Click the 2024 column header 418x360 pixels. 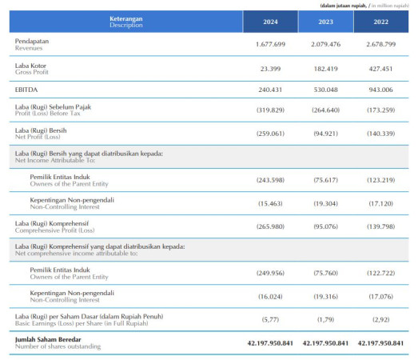tap(270, 22)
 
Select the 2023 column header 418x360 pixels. tap(326, 22)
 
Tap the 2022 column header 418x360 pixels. tap(381, 22)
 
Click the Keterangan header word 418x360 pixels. tap(126, 18)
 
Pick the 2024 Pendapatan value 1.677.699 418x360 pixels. tap(270, 44)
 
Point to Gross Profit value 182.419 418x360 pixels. tap(326, 69)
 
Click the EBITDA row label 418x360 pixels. tap(26, 90)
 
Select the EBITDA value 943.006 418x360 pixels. tap(381, 90)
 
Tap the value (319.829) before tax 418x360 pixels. tap(270, 110)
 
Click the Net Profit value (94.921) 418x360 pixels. tap(326, 134)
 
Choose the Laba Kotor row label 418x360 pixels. tap(30, 66)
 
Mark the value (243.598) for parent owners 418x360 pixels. tap(270, 180)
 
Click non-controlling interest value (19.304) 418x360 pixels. tap(326, 204)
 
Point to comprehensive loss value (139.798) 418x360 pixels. tap(381, 226)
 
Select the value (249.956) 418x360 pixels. tap(270, 273)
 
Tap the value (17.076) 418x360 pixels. tap(381, 297)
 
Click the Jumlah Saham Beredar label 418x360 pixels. tap(48, 339)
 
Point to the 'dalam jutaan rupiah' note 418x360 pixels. tap(344, 6)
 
